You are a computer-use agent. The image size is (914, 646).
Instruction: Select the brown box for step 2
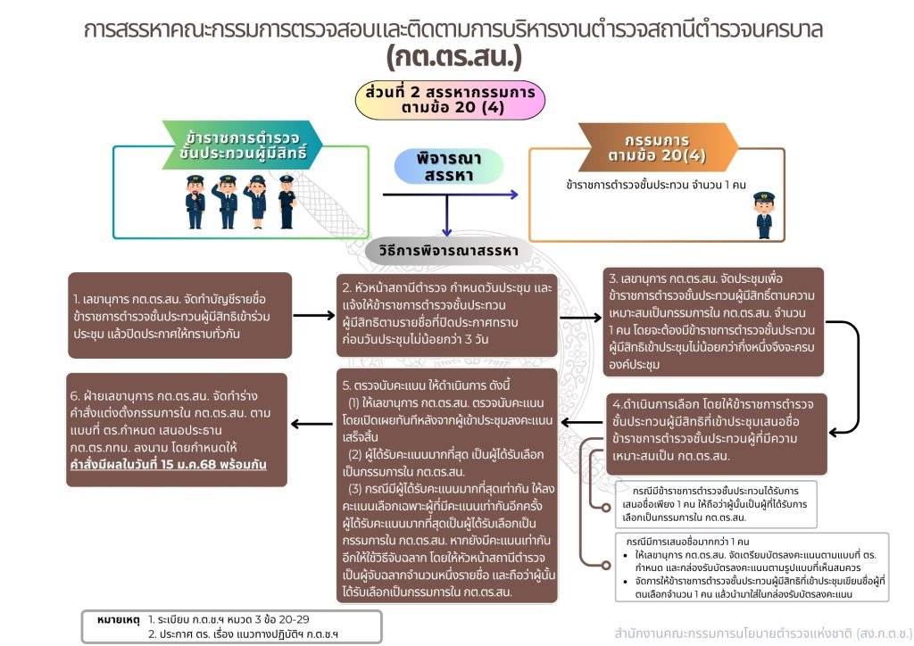(x=446, y=313)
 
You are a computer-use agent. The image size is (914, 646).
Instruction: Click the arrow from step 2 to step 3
(x=579, y=313)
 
